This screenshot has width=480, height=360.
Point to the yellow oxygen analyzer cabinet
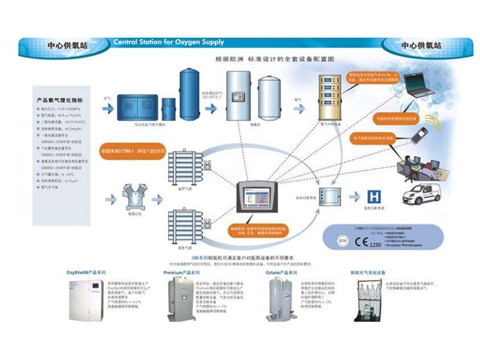coord(335,97)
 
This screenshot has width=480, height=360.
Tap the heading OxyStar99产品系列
coord(86,272)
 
